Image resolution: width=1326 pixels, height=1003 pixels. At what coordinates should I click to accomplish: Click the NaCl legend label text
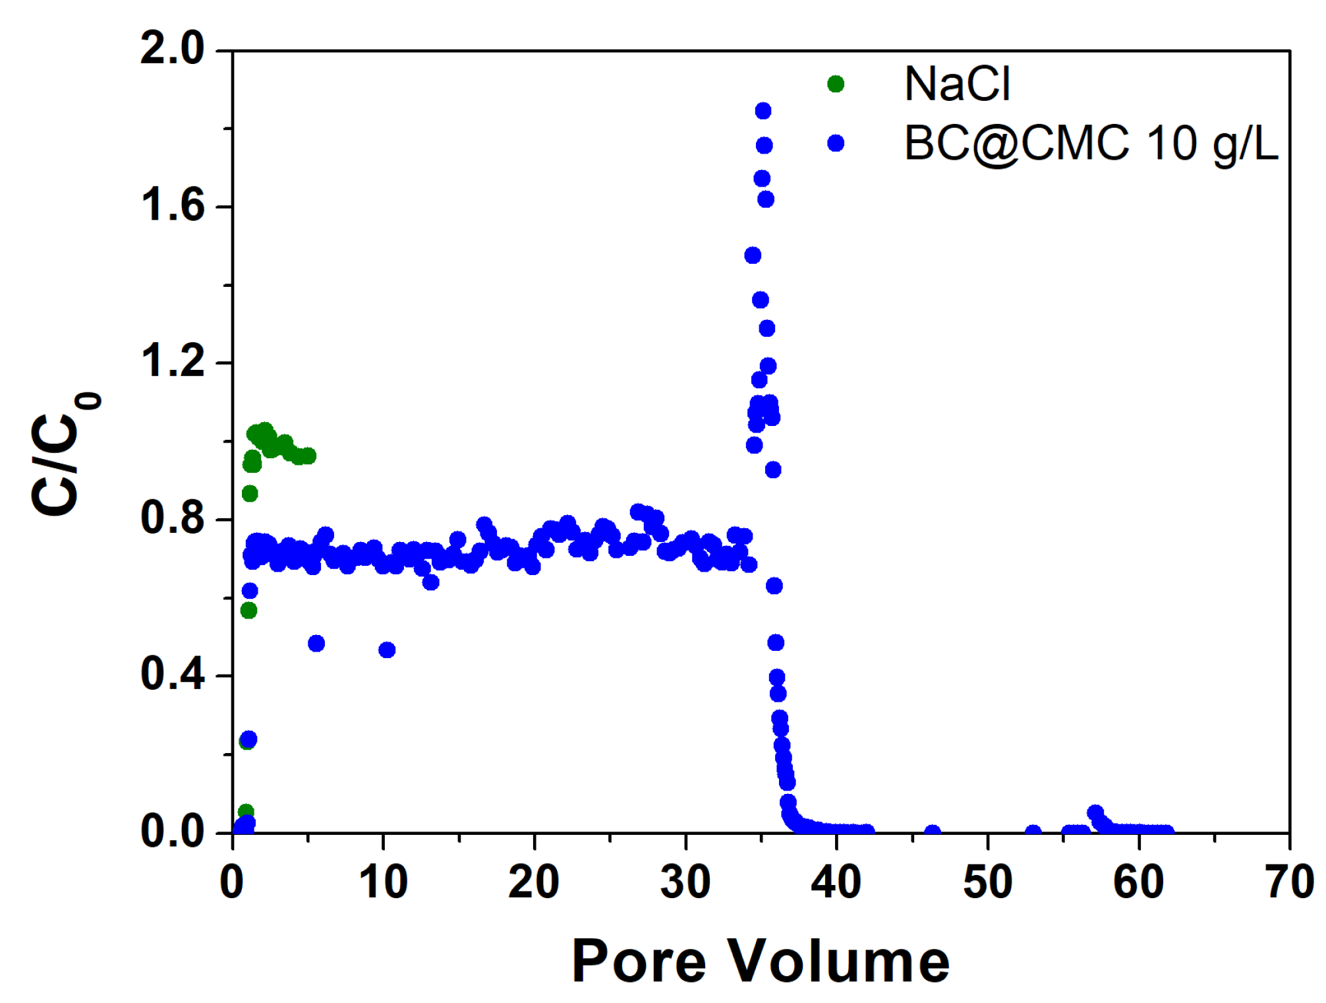[957, 84]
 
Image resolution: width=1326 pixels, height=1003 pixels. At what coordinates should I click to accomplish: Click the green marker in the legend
[836, 84]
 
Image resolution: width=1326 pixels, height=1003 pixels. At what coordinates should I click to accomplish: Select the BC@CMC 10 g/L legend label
[1091, 143]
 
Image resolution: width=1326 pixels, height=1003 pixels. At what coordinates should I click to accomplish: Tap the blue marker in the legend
[836, 143]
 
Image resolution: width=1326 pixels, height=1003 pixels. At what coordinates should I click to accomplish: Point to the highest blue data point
[763, 111]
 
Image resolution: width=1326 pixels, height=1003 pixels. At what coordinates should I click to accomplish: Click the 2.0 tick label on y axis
[173, 49]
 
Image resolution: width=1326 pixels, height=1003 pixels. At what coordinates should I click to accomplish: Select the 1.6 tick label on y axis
[173, 206]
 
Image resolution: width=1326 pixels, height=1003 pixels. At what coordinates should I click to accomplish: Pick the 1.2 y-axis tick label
[173, 362]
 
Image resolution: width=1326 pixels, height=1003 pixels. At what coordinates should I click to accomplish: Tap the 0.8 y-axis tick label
[173, 518]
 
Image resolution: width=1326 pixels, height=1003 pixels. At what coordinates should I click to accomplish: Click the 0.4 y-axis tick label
[173, 675]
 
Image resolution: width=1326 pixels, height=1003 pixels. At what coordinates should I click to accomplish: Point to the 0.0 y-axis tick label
[173, 832]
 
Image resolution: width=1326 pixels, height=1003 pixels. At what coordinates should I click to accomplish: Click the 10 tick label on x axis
[383, 882]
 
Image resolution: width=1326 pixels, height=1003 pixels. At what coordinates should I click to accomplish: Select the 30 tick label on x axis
[685, 882]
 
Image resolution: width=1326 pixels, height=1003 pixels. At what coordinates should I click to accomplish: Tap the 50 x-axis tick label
[987, 882]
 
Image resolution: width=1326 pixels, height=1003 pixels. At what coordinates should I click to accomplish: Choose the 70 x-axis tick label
[1289, 882]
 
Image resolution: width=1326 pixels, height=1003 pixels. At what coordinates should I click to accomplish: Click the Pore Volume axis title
[761, 961]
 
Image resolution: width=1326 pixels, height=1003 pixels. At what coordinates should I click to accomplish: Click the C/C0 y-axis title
[63, 455]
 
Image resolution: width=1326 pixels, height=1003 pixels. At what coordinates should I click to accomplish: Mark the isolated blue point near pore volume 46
[932, 832]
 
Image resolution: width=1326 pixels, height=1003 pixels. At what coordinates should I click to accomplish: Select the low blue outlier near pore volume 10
[387, 650]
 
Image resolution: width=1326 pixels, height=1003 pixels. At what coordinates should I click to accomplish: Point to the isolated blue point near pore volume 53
[1033, 832]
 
